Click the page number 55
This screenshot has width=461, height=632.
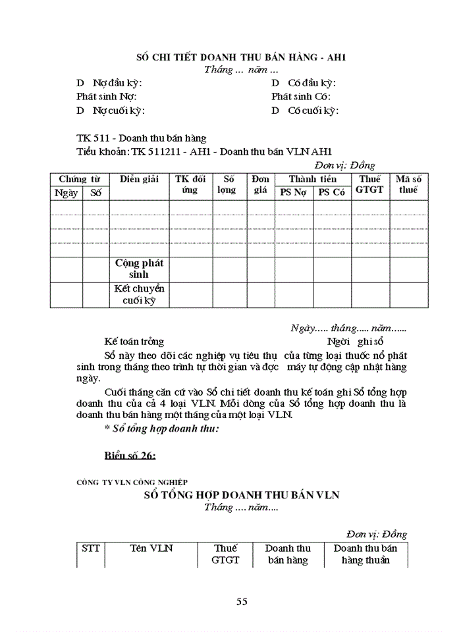point(241,601)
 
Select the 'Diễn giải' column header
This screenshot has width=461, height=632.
point(139,179)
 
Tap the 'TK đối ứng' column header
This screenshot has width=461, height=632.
point(190,184)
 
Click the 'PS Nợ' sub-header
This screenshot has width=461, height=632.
point(294,192)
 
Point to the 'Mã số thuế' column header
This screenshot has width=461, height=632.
point(408,184)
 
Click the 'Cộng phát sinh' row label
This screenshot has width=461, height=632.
point(139,269)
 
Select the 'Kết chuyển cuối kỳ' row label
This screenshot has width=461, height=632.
point(139,295)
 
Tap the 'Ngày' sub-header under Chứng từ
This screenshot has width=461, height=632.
point(66,192)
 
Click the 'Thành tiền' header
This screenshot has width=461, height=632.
point(312,179)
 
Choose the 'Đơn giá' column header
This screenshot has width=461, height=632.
point(260,184)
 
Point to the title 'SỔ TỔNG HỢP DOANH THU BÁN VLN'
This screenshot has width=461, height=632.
point(242,494)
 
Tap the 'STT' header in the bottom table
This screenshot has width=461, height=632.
point(90,548)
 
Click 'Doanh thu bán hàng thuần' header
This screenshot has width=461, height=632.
point(366,554)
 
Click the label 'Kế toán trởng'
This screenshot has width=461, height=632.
point(134,342)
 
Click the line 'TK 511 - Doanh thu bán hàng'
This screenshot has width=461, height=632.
point(142,138)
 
